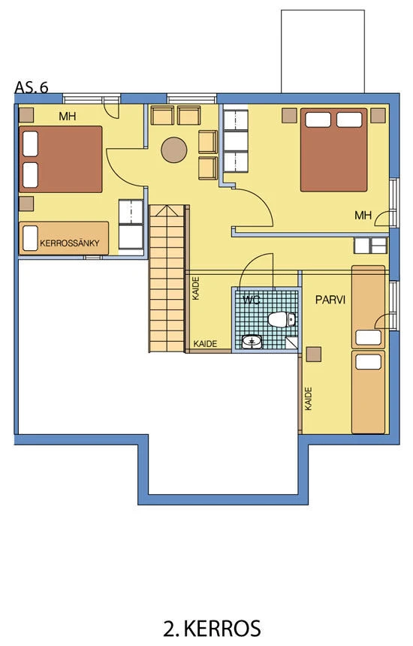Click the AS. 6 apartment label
(32, 87)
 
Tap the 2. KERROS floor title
(213, 629)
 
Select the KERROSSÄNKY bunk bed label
(70, 243)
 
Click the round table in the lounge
(174, 150)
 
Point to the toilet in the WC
(282, 320)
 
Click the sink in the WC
(252, 342)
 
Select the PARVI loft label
(330, 300)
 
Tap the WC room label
(251, 300)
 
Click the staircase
(167, 279)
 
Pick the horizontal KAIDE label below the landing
(205, 343)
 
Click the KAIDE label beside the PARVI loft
(309, 398)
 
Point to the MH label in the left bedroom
(68, 116)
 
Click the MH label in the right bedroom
(363, 215)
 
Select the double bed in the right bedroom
(333, 149)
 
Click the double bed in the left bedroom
(61, 159)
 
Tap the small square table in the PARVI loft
(314, 355)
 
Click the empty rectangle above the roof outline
(323, 52)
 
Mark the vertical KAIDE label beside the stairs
(196, 288)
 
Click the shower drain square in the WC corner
(292, 343)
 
